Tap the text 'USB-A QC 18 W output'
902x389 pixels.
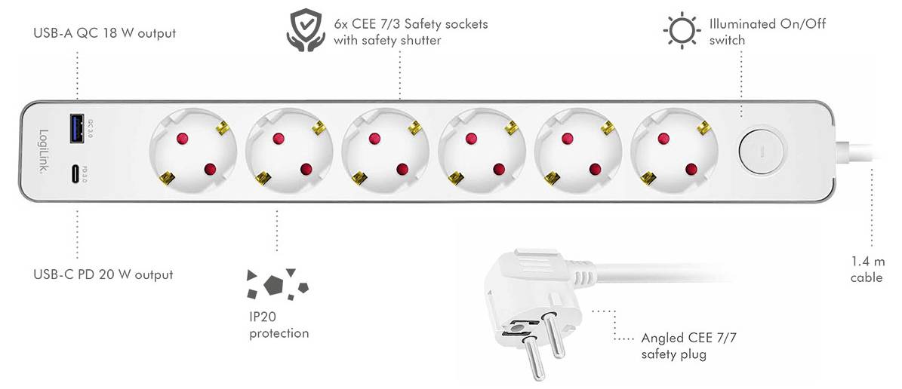pyautogui.click(x=104, y=33)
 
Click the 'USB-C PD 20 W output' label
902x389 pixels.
pyautogui.click(x=103, y=274)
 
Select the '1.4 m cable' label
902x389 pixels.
pyautogui.click(x=867, y=269)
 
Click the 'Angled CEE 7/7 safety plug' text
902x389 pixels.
pyautogui.click(x=678, y=346)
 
